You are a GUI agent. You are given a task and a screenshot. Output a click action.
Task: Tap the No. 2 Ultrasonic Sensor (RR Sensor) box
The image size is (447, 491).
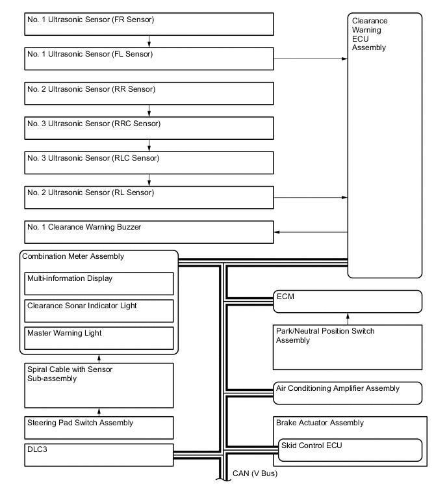[149, 93]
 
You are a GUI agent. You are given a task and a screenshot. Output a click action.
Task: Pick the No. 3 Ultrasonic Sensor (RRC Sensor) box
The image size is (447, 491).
[149, 127]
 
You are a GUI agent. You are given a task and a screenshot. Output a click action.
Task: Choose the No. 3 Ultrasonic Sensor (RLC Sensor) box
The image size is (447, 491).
[149, 162]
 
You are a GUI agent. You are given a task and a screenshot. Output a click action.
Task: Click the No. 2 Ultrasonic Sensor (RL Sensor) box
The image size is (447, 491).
[149, 196]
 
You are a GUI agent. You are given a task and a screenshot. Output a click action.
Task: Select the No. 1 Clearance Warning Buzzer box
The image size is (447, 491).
[149, 232]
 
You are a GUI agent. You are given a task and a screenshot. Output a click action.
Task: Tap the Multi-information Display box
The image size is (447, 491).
[99, 284]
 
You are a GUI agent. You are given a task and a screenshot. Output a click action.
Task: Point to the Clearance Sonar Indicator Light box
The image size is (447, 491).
[99, 311]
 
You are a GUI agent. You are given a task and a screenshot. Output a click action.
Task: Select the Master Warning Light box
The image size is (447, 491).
[99, 338]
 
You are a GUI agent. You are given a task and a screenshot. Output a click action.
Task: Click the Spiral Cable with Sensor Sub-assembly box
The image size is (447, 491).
[99, 384]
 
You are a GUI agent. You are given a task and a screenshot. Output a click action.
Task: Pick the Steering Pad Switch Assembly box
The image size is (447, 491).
[99, 427]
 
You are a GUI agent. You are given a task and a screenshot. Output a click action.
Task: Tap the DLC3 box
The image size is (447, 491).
[99, 455]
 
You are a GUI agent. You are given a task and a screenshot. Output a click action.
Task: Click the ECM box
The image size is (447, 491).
[347, 301]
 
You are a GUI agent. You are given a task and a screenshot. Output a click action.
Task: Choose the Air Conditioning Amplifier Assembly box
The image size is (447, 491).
[347, 393]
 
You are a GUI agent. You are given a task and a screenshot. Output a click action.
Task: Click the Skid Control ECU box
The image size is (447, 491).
[350, 449]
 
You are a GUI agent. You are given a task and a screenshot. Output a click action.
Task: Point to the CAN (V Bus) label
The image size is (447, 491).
[255, 473]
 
